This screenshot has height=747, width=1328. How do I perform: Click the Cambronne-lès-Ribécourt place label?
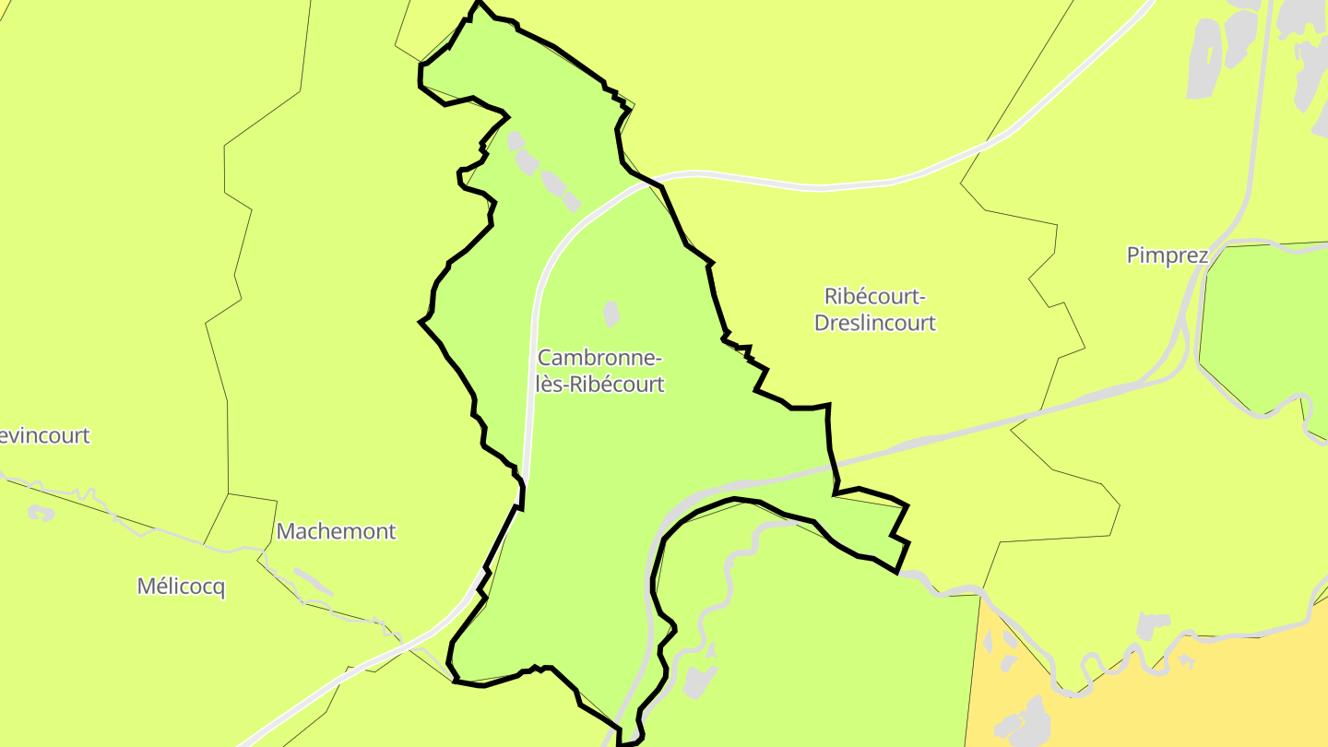click(x=600, y=371)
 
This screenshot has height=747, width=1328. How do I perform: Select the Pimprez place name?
click(x=1167, y=255)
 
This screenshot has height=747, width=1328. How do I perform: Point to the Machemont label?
click(x=336, y=531)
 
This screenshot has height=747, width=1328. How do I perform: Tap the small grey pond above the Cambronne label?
click(x=611, y=313)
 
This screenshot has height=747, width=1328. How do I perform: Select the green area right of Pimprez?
click(x=1263, y=323)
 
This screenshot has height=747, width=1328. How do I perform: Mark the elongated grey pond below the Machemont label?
click(x=314, y=581)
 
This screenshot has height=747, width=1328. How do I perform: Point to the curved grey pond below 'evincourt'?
click(x=41, y=512)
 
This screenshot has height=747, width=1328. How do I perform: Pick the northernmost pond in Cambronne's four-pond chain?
click(x=515, y=140)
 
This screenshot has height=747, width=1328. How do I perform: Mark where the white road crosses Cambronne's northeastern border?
click(x=649, y=182)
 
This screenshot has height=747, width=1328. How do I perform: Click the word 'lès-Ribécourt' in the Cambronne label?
click(x=600, y=385)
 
